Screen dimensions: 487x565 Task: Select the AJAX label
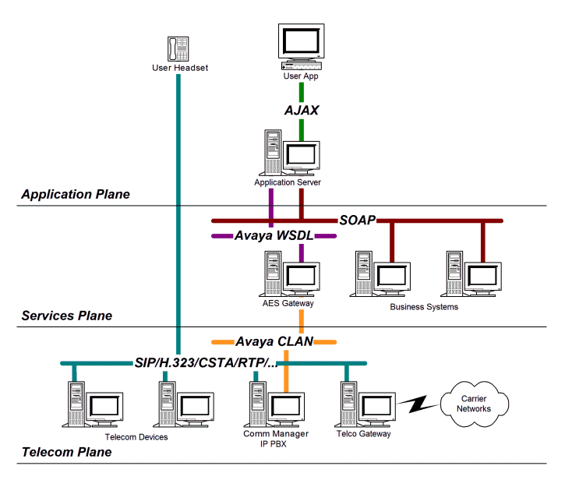(301, 110)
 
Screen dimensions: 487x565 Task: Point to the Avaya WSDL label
(273, 235)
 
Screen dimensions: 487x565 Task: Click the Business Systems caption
(424, 306)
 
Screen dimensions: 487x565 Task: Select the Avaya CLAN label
(275, 341)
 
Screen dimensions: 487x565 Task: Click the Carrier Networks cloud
(474, 403)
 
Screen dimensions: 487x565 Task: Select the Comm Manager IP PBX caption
(276, 439)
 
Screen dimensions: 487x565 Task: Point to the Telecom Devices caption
(136, 437)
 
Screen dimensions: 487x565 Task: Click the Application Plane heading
(75, 194)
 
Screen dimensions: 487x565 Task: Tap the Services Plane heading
(66, 316)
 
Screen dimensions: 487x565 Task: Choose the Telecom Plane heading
(66, 452)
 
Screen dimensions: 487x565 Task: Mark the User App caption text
(301, 76)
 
